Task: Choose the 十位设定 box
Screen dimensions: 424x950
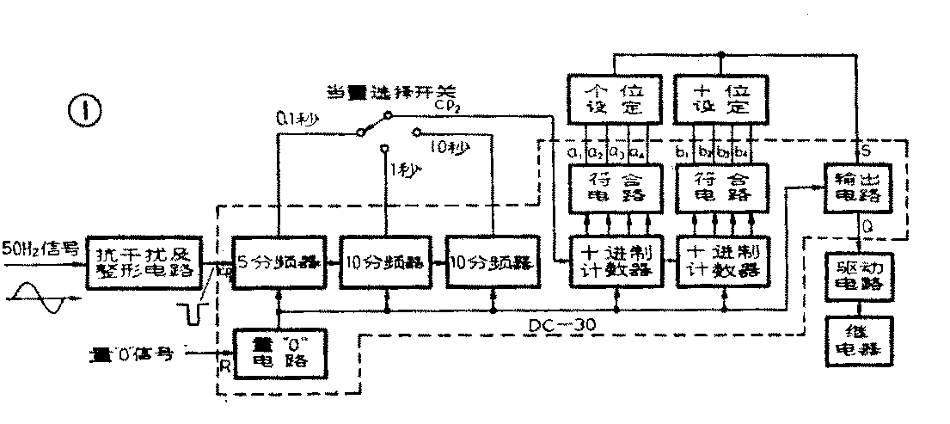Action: (720, 99)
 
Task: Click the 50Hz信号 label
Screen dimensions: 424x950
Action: (40, 251)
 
